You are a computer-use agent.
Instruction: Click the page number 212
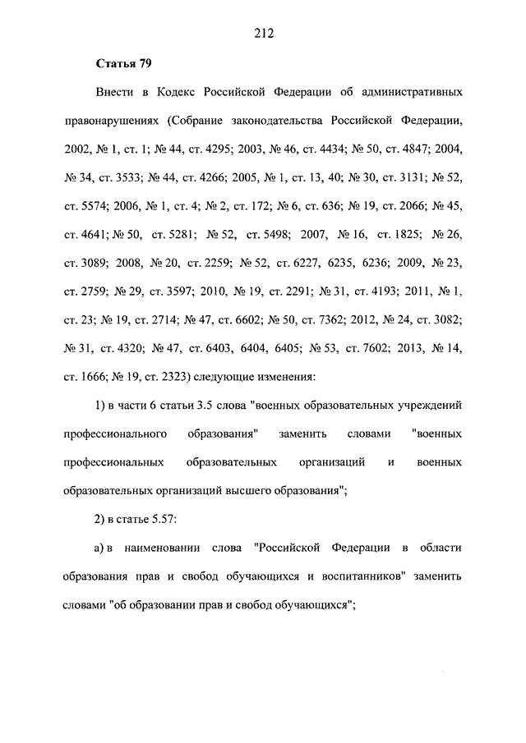point(263,34)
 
